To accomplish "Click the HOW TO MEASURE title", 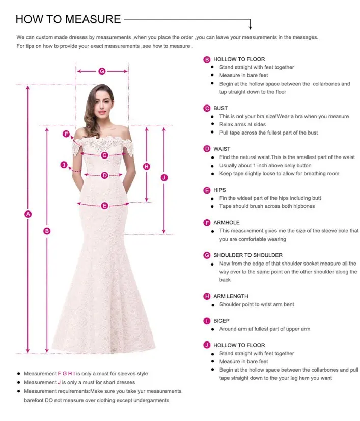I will [68, 19].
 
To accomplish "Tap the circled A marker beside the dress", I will [29, 214].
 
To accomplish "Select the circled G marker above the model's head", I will [102, 71].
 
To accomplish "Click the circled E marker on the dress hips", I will [105, 206].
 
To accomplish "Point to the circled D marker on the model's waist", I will [104, 175].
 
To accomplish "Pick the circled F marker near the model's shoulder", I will [66, 134].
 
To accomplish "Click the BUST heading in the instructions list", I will [220, 108].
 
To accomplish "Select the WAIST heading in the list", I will [222, 149].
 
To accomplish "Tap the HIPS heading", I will [219, 190].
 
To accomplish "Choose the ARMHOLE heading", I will [226, 223].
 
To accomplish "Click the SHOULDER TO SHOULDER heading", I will [248, 255].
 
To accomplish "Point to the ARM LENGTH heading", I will [231, 296].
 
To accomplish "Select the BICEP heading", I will [221, 321].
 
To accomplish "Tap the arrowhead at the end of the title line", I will [251, 27].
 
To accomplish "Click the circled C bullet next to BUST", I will [207, 108].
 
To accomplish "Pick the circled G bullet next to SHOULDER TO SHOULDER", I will [207, 255].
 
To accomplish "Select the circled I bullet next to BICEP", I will [207, 321].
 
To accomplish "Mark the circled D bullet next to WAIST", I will [207, 149].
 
